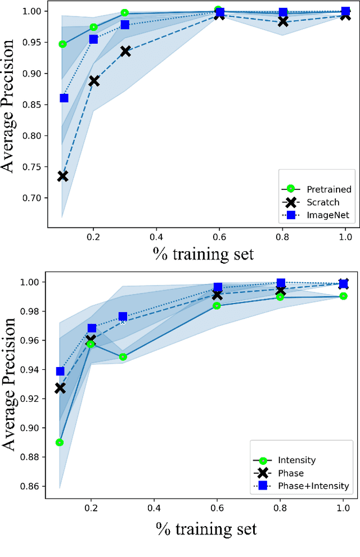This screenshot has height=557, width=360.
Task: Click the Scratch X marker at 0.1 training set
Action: [62, 176]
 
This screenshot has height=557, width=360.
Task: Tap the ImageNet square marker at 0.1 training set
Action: [64, 98]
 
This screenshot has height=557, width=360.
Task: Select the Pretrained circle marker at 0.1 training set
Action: [62, 44]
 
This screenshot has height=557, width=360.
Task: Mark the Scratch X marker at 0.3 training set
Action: [125, 51]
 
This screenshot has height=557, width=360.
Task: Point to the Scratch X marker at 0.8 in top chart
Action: [283, 21]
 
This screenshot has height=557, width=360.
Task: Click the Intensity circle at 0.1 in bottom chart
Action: [60, 442]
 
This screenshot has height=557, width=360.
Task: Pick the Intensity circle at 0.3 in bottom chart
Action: [123, 357]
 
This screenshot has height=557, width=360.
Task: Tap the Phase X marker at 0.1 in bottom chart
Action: [60, 388]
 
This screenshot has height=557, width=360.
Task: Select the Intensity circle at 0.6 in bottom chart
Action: [217, 305]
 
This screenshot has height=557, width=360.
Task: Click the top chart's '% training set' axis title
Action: [202, 253]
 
